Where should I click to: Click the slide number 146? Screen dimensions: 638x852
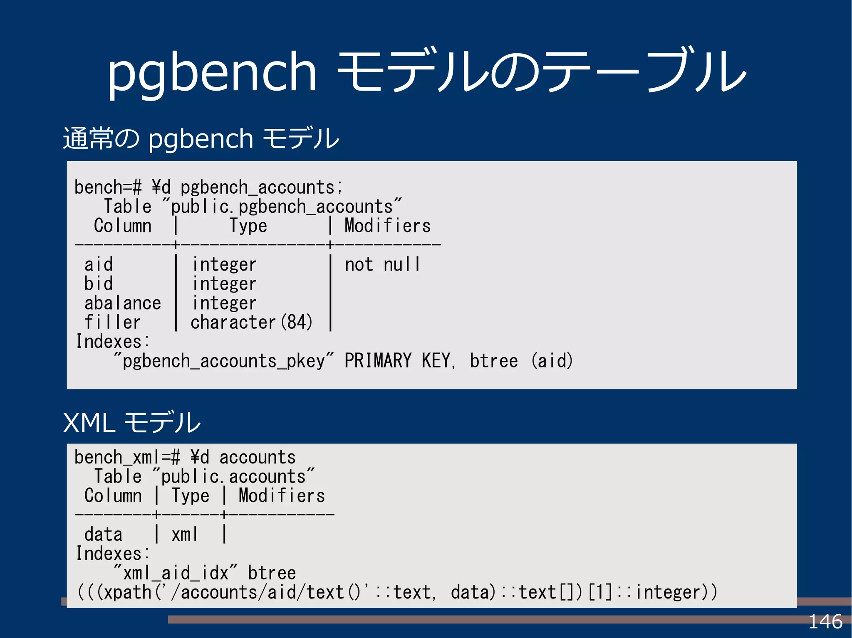(825, 622)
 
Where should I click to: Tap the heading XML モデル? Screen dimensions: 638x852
(131, 423)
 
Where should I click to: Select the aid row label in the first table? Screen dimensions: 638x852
(99, 264)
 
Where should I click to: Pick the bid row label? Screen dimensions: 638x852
(99, 284)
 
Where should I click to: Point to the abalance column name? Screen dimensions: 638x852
(123, 303)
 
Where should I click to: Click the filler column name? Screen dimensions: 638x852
(113, 323)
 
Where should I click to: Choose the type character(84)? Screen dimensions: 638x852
(252, 323)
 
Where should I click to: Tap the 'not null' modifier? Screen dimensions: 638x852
(382, 265)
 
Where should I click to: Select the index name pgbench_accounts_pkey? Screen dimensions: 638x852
(223, 361)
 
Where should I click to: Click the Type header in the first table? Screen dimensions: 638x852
(248, 226)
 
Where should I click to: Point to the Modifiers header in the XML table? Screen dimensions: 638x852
(282, 496)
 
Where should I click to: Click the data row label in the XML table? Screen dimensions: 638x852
(103, 535)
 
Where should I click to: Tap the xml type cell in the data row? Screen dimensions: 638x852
(185, 535)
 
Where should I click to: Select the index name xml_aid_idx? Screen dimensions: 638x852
(176, 573)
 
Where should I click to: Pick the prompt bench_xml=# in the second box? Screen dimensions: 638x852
(127, 458)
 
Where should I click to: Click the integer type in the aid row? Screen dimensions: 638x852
(224, 265)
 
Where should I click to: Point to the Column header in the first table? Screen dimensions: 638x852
(123, 226)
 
